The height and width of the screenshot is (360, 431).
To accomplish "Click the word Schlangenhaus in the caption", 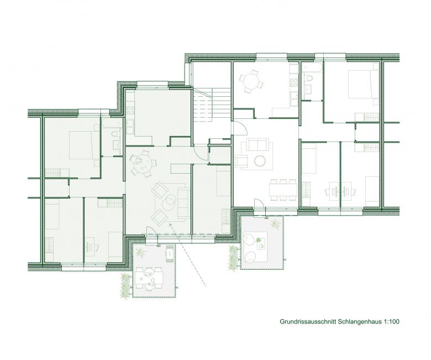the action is [x=360, y=321].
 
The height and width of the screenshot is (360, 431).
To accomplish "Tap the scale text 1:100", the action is [x=391, y=321].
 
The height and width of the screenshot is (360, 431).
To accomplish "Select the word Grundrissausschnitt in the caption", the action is [x=308, y=321].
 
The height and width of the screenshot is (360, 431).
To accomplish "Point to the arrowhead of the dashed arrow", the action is [x=170, y=225].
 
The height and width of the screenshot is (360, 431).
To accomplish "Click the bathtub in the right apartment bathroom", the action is [x=312, y=68].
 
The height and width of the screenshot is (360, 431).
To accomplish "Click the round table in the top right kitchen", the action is [x=251, y=81].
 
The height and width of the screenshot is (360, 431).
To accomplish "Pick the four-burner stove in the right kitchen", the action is [x=294, y=82].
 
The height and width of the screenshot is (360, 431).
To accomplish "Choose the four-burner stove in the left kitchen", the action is [x=130, y=111].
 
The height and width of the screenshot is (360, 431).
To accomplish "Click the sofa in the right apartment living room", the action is [x=257, y=144].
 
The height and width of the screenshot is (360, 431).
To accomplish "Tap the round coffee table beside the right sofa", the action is [x=260, y=161].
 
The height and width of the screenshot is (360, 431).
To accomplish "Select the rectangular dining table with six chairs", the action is [x=283, y=190].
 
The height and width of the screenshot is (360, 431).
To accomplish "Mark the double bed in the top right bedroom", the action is [x=361, y=84].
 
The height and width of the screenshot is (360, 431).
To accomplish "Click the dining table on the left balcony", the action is [x=148, y=278].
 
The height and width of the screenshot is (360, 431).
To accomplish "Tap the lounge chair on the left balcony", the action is [x=170, y=253].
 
